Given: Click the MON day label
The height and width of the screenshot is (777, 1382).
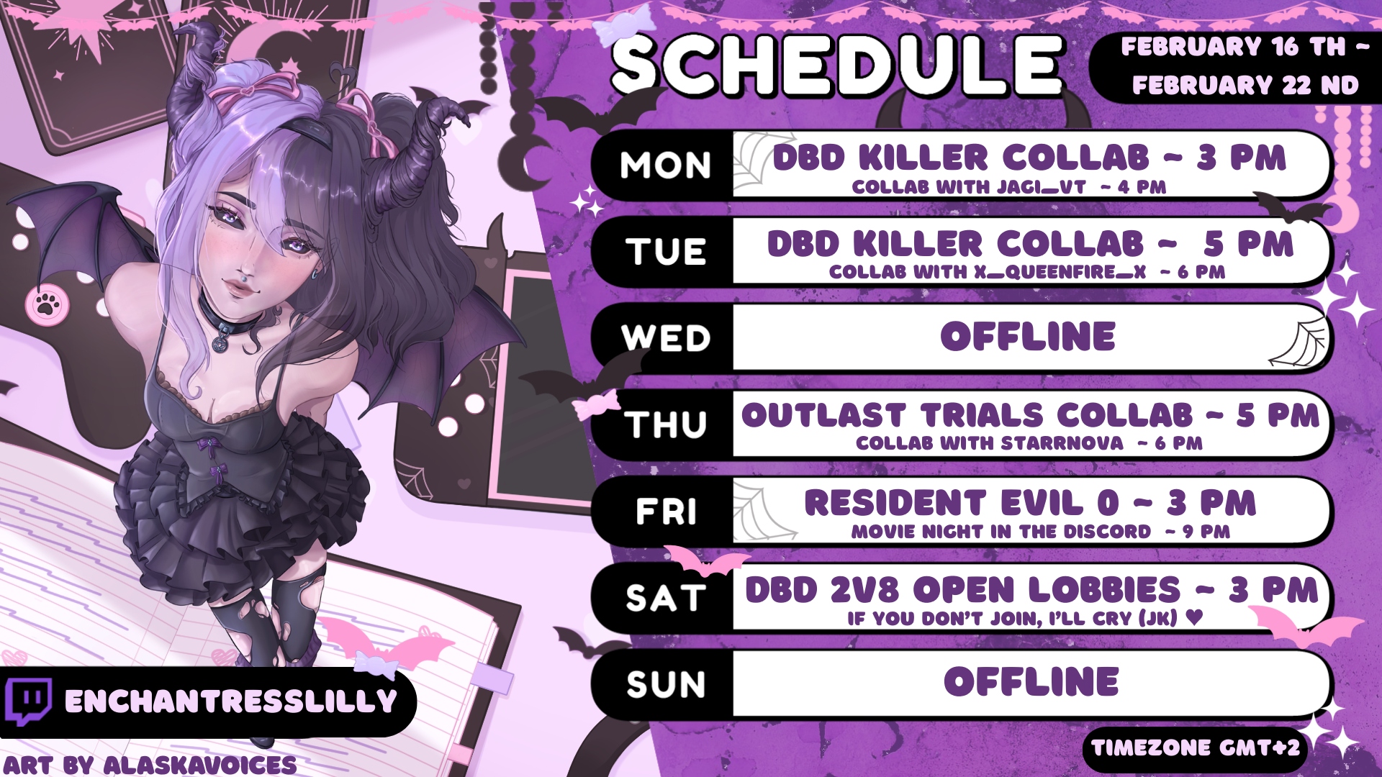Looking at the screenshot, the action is pyautogui.click(x=666, y=165).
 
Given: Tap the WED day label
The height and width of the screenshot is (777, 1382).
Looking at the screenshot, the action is pyautogui.click(x=666, y=337).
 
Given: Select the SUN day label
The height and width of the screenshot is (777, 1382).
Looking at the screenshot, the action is pyautogui.click(x=666, y=683).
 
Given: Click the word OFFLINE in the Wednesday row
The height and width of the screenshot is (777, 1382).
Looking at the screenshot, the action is pyautogui.click(x=1028, y=336).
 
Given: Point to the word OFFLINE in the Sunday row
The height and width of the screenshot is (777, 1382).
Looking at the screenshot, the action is pyautogui.click(x=1031, y=681).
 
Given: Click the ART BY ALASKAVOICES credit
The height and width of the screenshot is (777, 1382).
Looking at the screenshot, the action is pyautogui.click(x=150, y=764).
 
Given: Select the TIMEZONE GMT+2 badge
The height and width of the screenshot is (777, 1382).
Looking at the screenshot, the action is pyautogui.click(x=1196, y=748).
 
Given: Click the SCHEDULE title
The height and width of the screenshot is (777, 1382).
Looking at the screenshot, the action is pyautogui.click(x=837, y=63).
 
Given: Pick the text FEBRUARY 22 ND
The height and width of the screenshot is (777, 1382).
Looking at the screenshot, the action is pyautogui.click(x=1245, y=85).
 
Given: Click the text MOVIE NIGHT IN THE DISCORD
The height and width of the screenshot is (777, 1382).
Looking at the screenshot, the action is pyautogui.click(x=1001, y=532).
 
